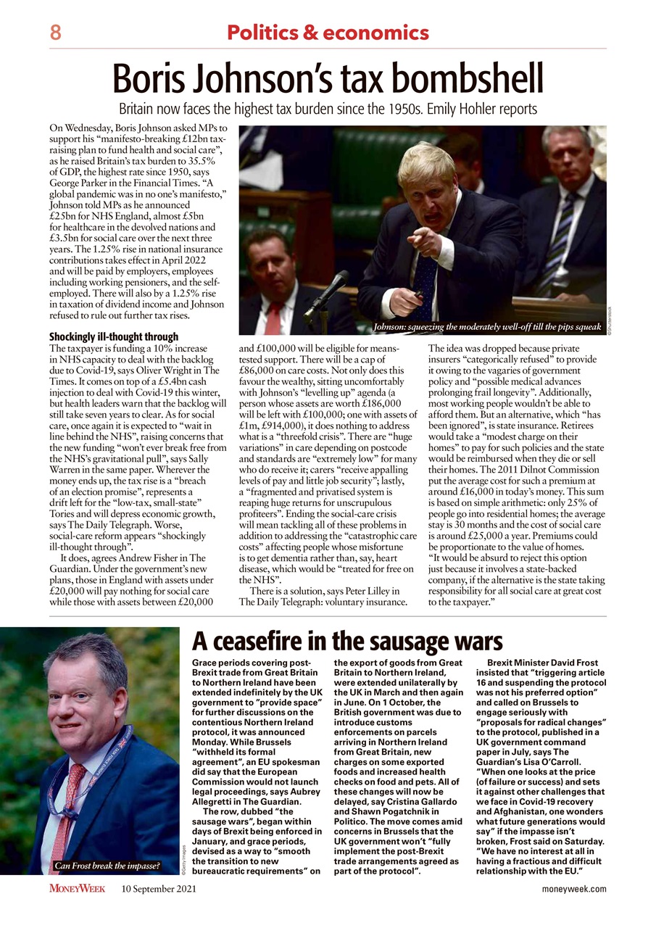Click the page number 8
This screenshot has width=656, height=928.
55,33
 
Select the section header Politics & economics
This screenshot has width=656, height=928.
328,33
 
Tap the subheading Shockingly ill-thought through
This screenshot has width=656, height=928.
113,337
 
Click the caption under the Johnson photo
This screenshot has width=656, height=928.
486,327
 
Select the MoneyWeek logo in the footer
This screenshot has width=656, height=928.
78,889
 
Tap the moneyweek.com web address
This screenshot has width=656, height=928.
574,889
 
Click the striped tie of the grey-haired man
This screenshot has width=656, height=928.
558,239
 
